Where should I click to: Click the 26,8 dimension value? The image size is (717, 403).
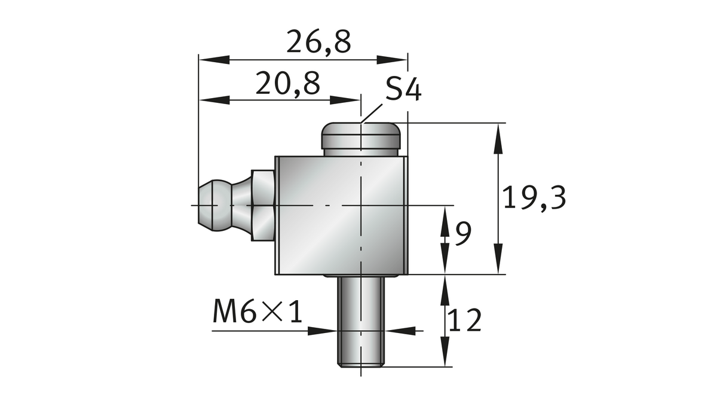point(318,43)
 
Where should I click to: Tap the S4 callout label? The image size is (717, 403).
point(403,91)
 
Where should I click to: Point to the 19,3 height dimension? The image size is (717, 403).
point(534,199)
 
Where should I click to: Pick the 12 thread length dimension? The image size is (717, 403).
point(465,321)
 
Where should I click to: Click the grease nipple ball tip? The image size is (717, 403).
point(208,205)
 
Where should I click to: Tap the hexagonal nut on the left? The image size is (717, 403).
point(263,205)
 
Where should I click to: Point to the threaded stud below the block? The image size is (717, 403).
point(361,320)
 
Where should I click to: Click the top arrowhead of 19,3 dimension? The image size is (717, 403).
point(497,138)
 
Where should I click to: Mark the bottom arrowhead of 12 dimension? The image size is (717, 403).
point(445,352)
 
